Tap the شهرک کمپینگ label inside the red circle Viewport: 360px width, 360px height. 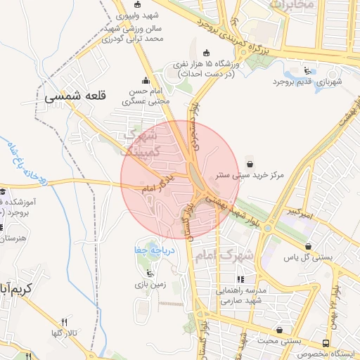[x=141, y=142]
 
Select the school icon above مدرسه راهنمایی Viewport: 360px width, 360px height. [x=241, y=280]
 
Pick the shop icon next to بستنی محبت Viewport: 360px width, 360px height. [x=281, y=329]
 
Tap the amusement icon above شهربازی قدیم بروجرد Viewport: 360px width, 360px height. [x=307, y=70]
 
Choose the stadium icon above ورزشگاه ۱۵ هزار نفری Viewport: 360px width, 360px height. [x=205, y=53]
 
